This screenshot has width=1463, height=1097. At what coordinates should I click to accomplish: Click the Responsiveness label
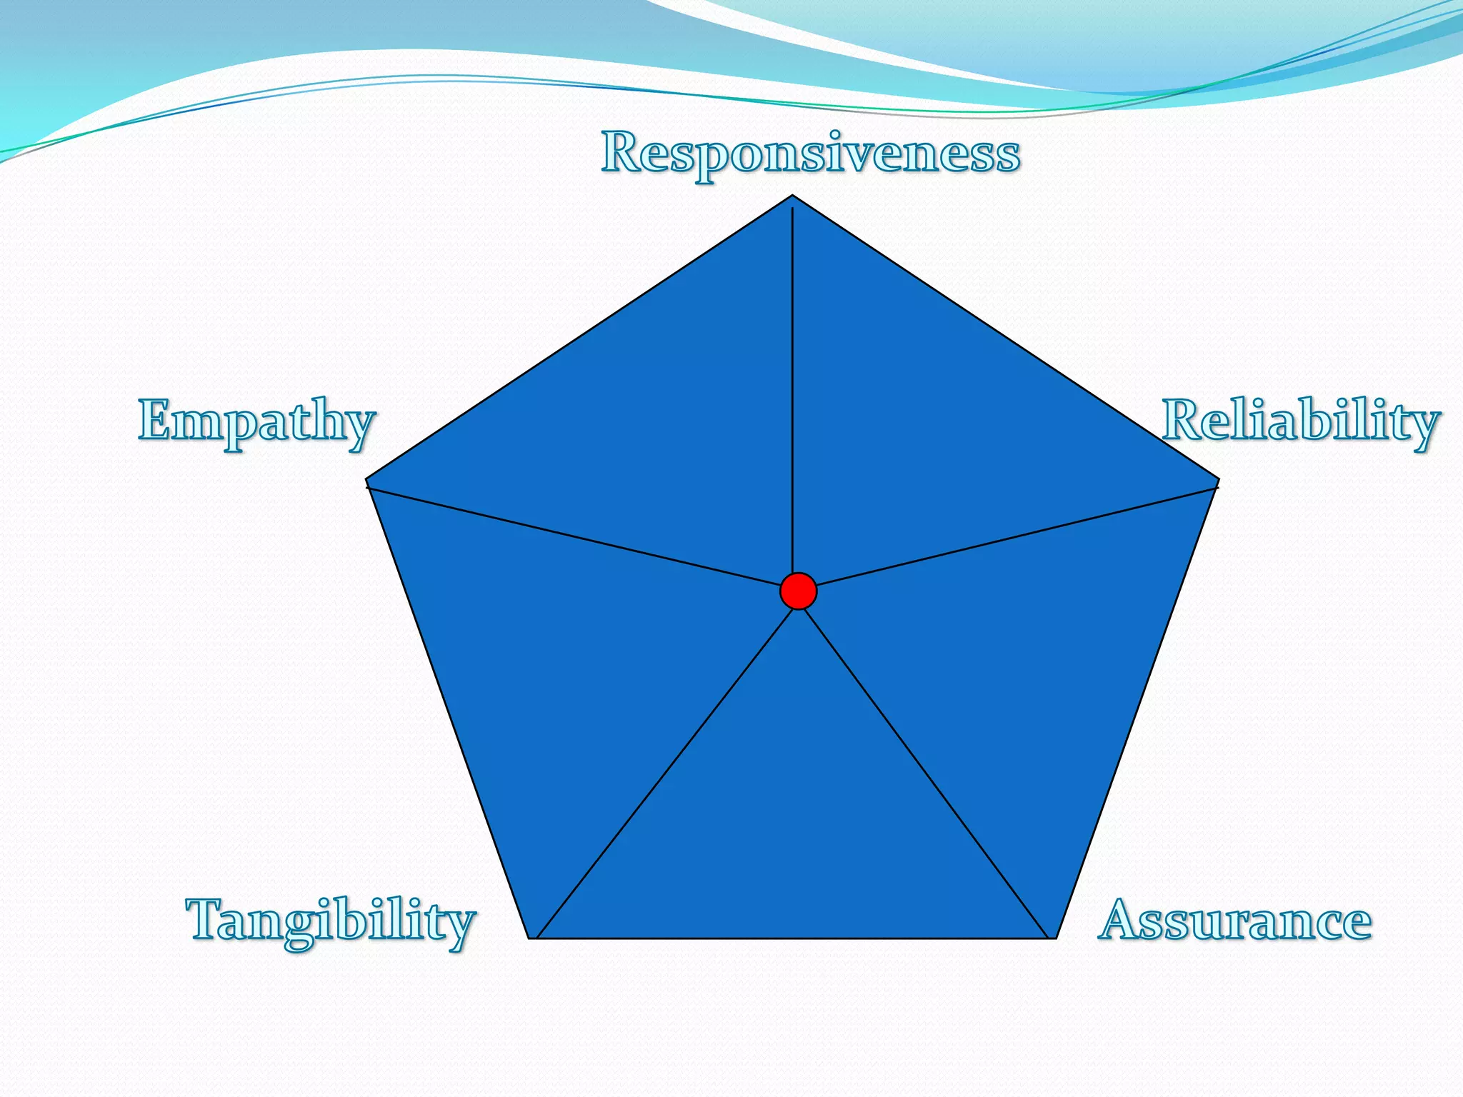(810, 154)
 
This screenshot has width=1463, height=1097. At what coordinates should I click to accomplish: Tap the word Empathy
(256, 421)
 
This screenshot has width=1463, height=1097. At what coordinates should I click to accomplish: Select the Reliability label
(1300, 421)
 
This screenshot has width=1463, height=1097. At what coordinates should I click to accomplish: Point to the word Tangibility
(331, 921)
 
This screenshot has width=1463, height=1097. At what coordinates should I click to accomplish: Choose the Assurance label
(1234, 921)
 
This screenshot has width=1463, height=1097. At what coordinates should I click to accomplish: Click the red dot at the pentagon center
(798, 591)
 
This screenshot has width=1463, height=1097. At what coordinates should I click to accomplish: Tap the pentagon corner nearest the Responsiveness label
(792, 196)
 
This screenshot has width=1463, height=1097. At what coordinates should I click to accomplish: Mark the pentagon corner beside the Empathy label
(366, 480)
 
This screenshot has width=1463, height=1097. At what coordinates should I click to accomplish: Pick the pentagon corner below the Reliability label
(1218, 480)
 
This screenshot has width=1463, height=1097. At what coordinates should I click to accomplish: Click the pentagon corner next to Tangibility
(530, 938)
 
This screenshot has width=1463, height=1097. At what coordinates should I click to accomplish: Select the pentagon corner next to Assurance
(1055, 938)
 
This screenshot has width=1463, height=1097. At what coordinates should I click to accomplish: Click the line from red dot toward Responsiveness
(792, 393)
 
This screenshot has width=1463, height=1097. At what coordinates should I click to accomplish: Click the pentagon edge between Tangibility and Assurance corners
(793, 938)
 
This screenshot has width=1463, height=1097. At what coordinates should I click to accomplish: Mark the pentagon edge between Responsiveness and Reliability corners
(1005, 337)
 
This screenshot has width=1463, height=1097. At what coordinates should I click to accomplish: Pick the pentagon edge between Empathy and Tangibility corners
(448, 708)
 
